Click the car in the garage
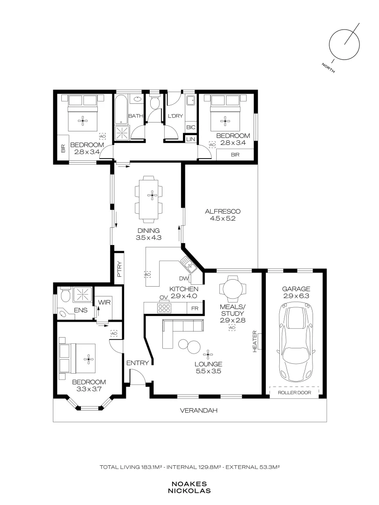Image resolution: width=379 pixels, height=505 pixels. (296, 344)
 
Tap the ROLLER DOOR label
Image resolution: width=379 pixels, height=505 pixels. (295, 393)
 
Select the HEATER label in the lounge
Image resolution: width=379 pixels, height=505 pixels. (255, 341)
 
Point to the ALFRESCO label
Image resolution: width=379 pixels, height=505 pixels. (223, 211)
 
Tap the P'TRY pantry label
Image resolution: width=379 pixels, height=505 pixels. (120, 269)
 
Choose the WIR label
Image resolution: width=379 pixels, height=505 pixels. (104, 303)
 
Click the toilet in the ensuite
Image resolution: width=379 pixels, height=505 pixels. (66, 295)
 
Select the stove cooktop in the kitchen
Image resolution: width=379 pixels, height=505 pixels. (164, 308)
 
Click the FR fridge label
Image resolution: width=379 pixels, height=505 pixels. (195, 308)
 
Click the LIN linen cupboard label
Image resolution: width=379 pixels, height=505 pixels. (191, 139)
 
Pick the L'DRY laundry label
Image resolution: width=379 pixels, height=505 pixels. (175, 116)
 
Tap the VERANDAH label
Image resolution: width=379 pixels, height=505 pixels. (198, 411)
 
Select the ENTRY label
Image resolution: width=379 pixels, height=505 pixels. (138, 363)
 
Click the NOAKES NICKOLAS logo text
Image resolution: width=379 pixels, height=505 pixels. (189, 487)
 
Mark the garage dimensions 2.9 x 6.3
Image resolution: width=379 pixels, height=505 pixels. (296, 296)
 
